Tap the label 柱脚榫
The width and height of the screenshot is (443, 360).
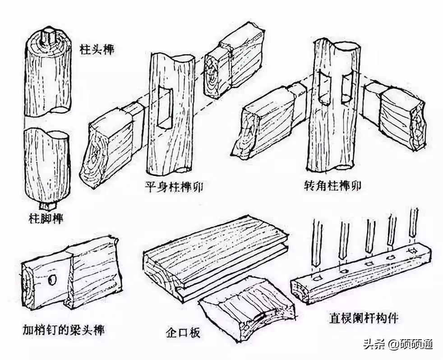45,219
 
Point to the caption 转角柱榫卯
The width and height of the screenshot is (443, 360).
332,186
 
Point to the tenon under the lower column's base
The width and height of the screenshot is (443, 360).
46,206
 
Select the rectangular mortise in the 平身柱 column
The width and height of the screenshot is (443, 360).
166,108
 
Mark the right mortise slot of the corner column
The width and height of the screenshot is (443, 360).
346,88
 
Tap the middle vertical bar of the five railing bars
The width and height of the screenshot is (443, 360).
369,235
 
